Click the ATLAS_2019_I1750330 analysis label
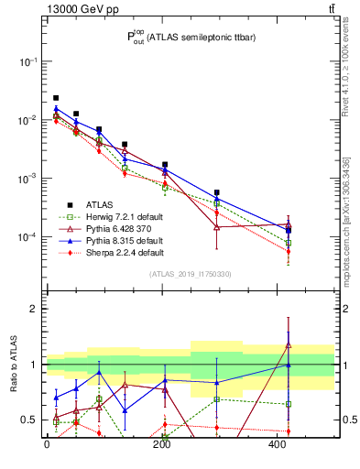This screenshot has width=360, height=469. [x=190, y=273]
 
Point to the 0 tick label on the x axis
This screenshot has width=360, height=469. [x=47, y=444]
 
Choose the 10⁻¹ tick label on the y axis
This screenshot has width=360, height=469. [x=27, y=61]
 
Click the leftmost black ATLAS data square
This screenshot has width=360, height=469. [x=56, y=98]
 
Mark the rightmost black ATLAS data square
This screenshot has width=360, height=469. [x=289, y=231]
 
